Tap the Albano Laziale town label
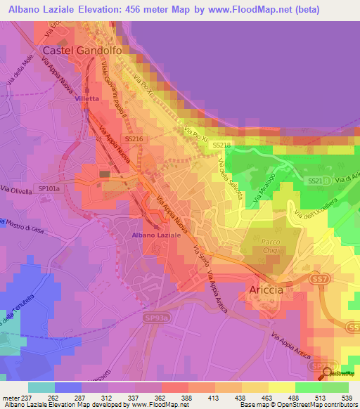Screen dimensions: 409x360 [157, 235]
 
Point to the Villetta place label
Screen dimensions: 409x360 [88, 99]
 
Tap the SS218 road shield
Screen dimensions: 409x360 [221, 145]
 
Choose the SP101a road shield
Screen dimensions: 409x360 [50, 189]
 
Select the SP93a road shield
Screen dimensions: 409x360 [158, 319]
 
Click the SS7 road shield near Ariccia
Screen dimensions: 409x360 [321, 280]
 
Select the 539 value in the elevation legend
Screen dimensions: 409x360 [346, 396]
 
